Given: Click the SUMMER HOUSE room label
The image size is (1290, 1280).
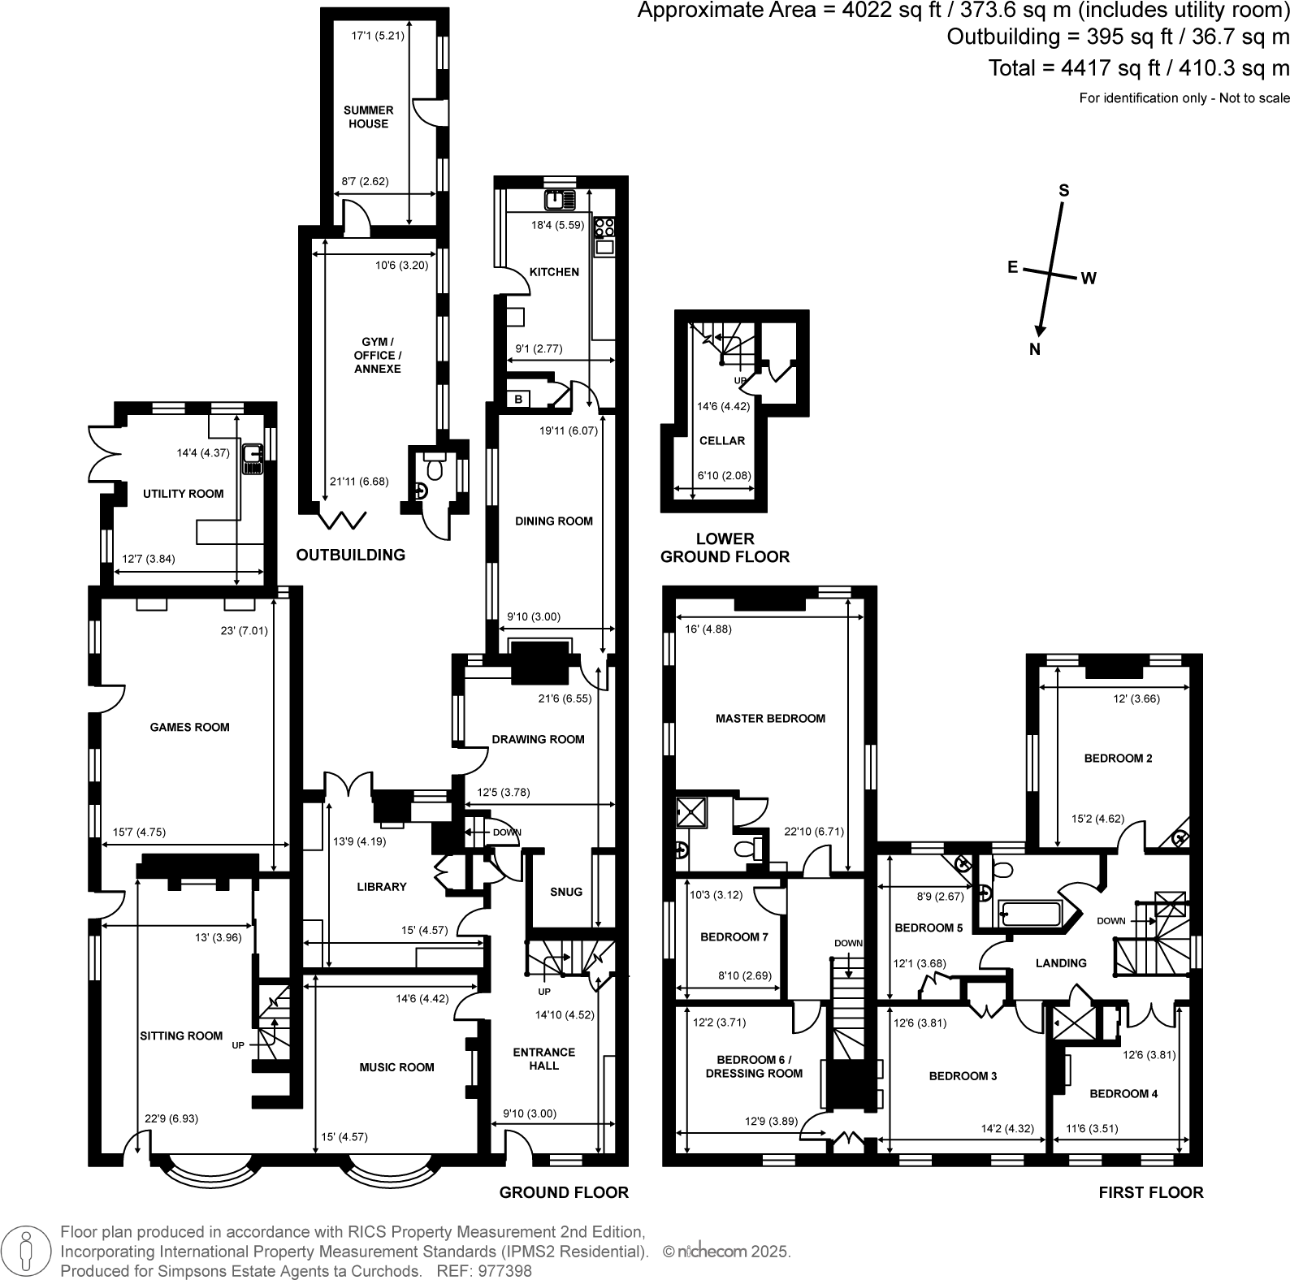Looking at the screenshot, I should coord(368,117).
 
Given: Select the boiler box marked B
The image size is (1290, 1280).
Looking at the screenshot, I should coord(518,399).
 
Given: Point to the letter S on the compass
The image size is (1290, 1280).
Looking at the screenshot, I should coord(1063,191).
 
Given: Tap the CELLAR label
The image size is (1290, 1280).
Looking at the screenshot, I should coord(721,440).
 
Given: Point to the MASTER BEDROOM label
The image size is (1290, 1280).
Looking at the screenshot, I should coord(770,718).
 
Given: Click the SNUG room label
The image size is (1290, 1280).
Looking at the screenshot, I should coord(566,891).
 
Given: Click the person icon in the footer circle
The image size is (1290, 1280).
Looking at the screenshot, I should coord(27,1251).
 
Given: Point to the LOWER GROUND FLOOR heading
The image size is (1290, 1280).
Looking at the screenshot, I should coord(725,547).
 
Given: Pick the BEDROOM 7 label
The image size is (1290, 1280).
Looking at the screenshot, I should coord(734,936).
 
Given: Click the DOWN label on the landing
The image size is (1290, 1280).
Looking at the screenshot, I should coord(1110,921).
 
